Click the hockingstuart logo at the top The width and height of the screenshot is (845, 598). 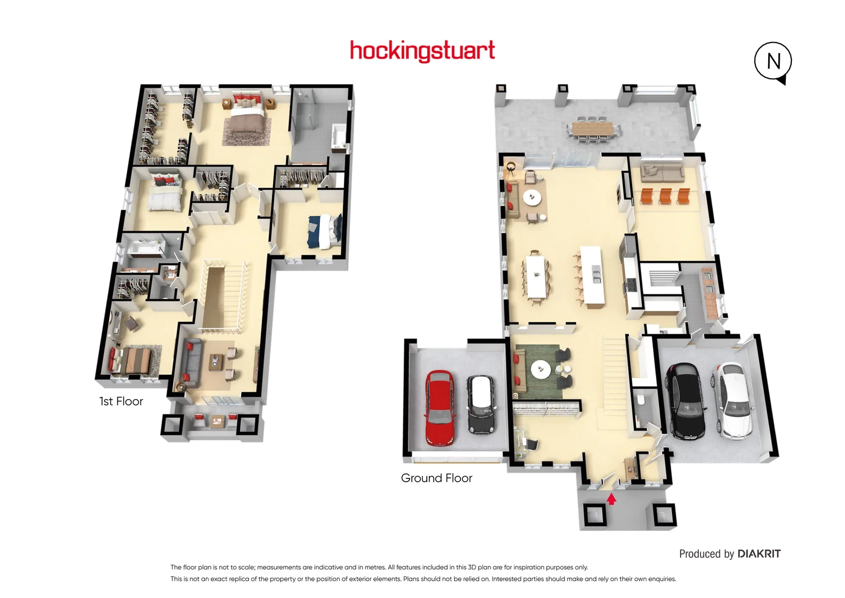422,51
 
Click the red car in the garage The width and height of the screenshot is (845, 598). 439,408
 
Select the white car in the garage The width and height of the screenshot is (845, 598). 734,399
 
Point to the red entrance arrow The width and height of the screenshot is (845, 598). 611,499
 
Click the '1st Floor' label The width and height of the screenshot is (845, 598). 121,401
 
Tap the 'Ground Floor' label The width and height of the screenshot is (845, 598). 436,478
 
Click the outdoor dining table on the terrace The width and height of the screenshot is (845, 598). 593,129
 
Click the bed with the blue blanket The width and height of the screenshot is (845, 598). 324,231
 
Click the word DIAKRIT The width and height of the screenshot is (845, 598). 759,554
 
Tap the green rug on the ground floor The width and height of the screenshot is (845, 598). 539,369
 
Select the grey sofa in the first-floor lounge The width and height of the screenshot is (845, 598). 189,363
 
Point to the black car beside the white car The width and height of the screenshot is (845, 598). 685,400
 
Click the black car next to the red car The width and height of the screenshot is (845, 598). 480,404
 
